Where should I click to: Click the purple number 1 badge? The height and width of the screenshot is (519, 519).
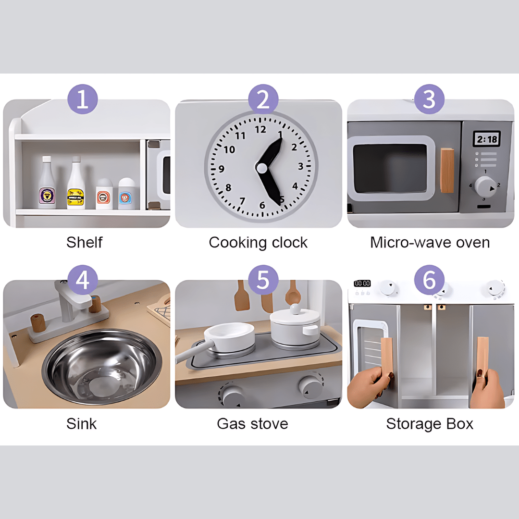pos(83,99)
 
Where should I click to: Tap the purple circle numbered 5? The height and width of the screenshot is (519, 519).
pos(263,280)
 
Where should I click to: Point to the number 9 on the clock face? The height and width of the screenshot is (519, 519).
pos(222,169)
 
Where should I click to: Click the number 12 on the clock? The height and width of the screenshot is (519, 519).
pos(260,129)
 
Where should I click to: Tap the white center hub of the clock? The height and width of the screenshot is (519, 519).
pos(261,168)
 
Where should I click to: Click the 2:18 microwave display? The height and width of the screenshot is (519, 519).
pos(486,139)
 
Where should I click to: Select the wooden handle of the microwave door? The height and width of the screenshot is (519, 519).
pos(447,171)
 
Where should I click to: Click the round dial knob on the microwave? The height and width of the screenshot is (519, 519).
pos(485,187)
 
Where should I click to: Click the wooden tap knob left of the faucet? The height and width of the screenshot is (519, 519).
pos(38,323)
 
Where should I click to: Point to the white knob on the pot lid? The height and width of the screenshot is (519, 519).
pos(295,309)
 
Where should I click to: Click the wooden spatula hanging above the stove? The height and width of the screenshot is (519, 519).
pos(242,296)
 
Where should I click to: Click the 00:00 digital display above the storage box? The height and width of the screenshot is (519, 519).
pos(362,284)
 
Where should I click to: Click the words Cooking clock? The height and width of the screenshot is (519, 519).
pos(258,243)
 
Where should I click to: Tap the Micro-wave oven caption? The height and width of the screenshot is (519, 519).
pos(430,243)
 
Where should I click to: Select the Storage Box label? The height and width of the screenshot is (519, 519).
pos(430,424)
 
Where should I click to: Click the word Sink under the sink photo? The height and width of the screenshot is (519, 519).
pos(81,424)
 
